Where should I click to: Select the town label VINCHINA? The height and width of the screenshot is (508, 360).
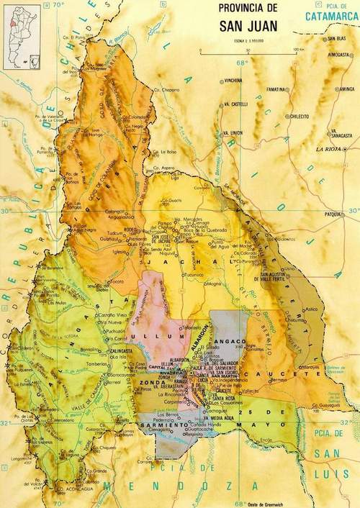point(234,81)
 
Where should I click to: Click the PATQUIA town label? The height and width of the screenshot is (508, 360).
point(333,214)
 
